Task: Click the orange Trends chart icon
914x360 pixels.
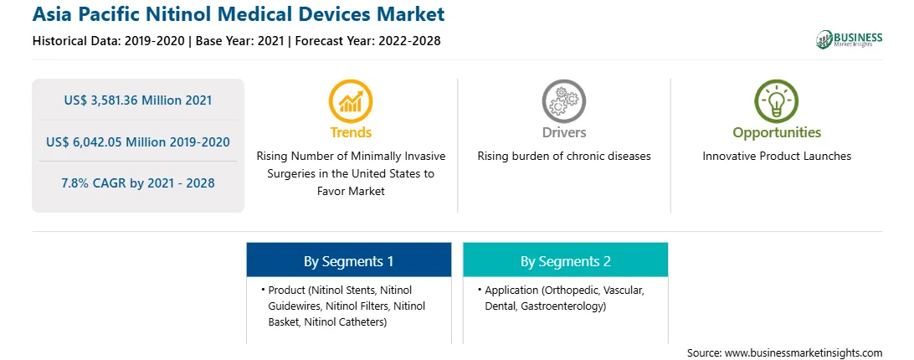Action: coord(351,101)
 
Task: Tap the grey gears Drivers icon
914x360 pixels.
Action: coord(563,101)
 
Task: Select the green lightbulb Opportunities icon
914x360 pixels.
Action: coord(777,101)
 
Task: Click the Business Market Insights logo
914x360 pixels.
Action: coord(849,39)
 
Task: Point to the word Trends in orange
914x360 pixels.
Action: coord(351,132)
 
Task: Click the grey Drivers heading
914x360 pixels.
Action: coord(563,132)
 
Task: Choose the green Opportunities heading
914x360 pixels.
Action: coord(777,133)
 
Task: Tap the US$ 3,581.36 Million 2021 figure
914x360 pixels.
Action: coord(138,100)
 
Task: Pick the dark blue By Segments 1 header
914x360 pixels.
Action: coord(348,261)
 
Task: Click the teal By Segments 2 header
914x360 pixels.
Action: coord(566,261)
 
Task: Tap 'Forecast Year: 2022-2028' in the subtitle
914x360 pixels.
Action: coord(367,41)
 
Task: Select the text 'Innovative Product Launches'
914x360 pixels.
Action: coord(777,157)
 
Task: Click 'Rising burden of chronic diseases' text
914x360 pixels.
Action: coord(563,157)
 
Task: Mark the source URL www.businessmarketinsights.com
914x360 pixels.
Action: coord(804,353)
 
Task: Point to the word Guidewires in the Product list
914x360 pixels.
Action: coord(295,306)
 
